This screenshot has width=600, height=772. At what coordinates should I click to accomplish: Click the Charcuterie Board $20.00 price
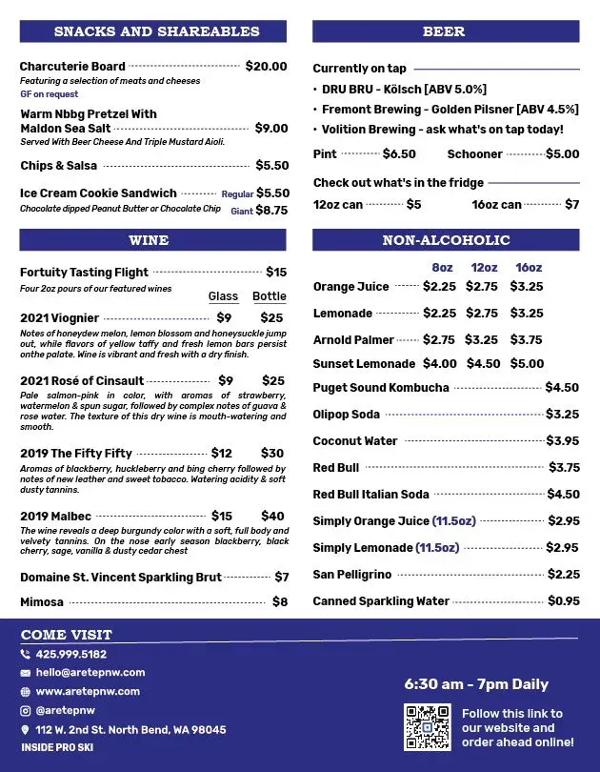(x=266, y=67)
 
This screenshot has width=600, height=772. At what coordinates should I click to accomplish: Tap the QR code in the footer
(x=427, y=727)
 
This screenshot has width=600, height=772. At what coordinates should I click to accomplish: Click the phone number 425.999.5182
(x=71, y=654)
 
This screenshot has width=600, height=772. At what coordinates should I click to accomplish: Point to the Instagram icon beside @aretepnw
(x=25, y=710)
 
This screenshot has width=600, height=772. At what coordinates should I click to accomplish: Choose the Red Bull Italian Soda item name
(x=370, y=495)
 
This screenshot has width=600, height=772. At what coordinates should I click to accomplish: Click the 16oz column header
(x=529, y=268)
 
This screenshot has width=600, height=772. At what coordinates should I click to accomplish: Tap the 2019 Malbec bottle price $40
(x=272, y=517)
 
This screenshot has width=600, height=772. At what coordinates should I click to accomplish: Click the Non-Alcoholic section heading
(x=446, y=240)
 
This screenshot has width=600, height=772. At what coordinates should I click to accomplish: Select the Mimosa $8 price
(x=280, y=602)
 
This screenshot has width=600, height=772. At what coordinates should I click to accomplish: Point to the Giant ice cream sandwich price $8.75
(x=271, y=211)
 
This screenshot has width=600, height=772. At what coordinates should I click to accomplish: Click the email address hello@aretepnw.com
(x=90, y=673)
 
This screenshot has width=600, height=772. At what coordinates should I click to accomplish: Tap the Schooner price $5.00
(x=562, y=154)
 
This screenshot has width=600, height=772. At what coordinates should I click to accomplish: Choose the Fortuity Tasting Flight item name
(x=85, y=273)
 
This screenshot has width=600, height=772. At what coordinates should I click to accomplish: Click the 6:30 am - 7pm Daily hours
(x=476, y=684)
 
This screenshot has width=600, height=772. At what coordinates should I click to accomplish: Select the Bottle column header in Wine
(x=270, y=296)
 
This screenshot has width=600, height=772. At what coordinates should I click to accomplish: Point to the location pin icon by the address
(x=25, y=730)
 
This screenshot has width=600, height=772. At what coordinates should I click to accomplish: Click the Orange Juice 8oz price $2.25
(x=439, y=286)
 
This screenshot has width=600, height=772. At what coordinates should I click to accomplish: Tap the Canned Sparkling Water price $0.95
(x=564, y=601)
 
